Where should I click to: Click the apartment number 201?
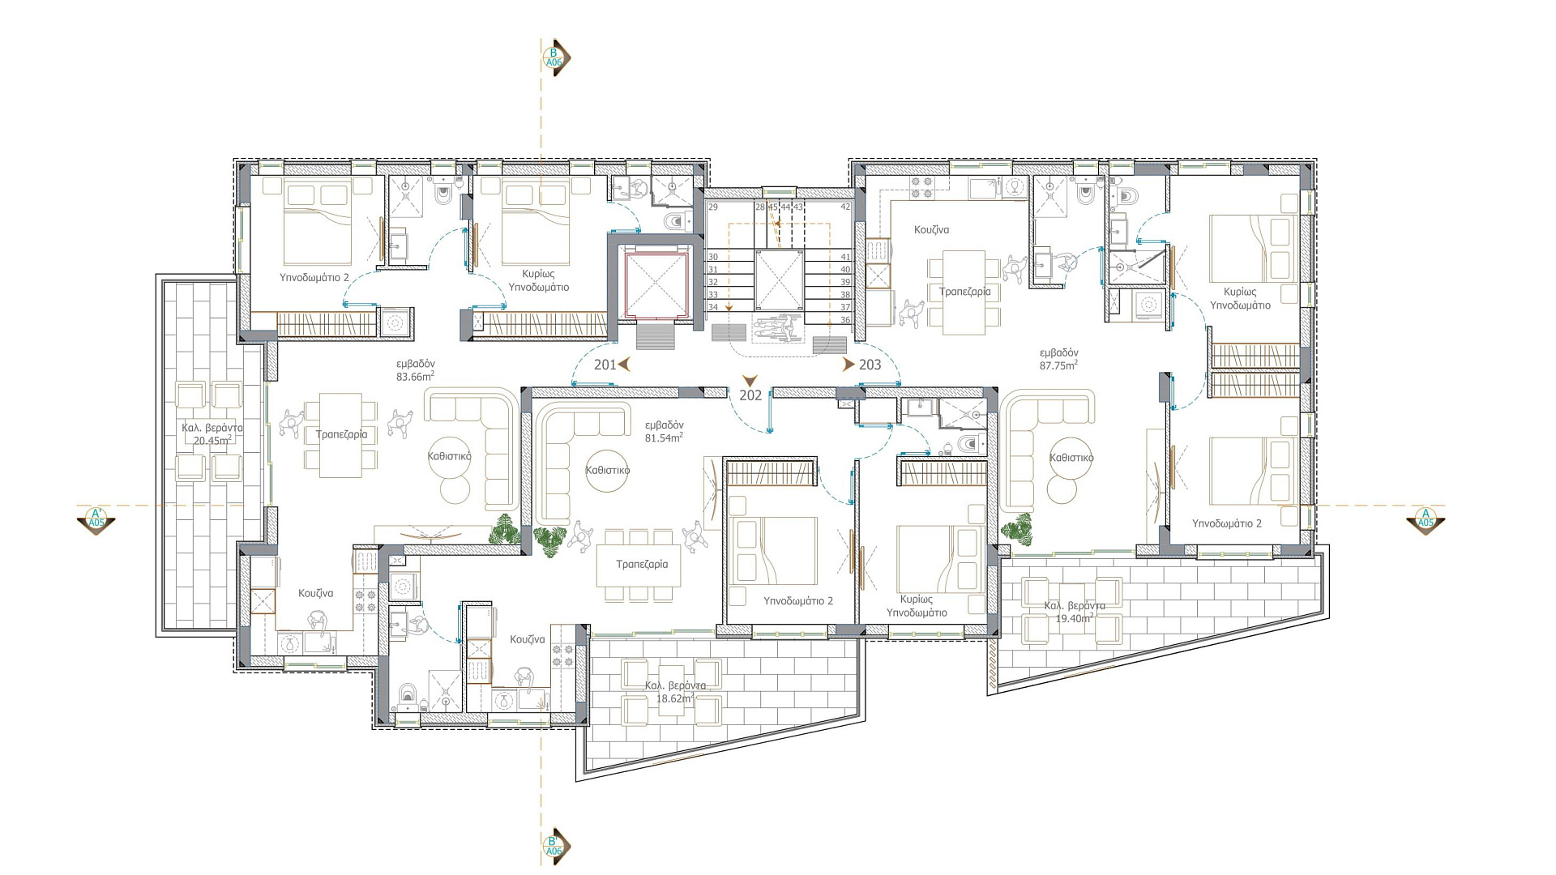coord(605,365)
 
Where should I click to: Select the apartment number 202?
coord(750,395)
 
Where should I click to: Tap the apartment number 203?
coord(870,365)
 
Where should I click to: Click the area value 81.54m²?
coord(664,437)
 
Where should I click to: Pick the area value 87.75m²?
coord(1058,365)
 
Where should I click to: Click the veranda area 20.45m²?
coord(212,441)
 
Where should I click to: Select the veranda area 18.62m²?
coord(675,698)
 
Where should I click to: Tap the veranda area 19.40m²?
coord(1075,619)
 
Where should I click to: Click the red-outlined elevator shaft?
coord(655,285)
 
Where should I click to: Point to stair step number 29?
coord(713,207)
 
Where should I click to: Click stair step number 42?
coord(845,207)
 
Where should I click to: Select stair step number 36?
coord(845,320)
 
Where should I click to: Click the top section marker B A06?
coord(555,58)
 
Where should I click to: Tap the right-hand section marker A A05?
coord(1426,518)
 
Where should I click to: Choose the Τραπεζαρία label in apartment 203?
coord(964,292)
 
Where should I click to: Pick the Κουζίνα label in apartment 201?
coord(315,594)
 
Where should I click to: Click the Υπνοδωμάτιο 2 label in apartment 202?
coord(798,601)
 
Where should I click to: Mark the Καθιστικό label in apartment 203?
coord(1071,458)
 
